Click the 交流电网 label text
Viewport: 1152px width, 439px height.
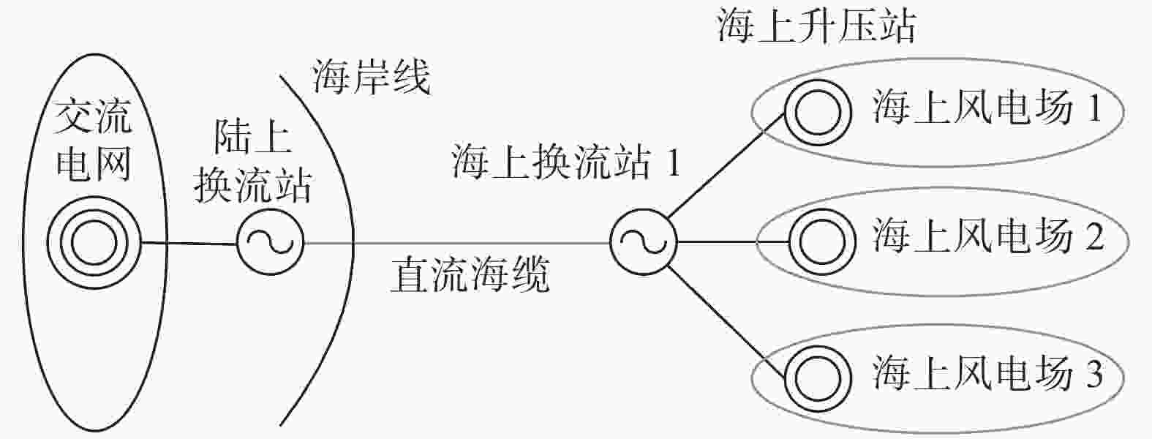click(x=94, y=141)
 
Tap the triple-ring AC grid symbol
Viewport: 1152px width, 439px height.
click(x=94, y=242)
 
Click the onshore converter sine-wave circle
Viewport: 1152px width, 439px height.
click(x=270, y=242)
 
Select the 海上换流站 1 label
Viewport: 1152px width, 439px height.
click(x=566, y=162)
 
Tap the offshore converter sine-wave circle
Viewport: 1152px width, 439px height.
click(x=644, y=242)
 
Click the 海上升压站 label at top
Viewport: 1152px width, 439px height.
click(x=817, y=26)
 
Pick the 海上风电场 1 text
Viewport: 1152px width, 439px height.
click(x=987, y=108)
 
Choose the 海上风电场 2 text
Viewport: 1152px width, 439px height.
click(x=988, y=236)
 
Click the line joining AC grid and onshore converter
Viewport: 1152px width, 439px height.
click(x=189, y=243)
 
